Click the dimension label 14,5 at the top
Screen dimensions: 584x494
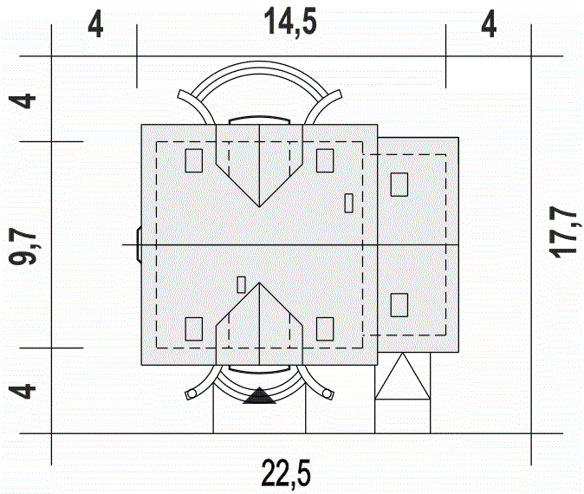[x=290, y=22]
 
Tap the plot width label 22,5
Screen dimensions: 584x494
[x=286, y=472]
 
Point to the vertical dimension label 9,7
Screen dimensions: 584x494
[x=22, y=246]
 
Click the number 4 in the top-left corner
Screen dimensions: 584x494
[x=95, y=26]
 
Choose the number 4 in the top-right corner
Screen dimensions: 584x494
[x=489, y=25]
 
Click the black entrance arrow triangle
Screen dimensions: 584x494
[x=259, y=396]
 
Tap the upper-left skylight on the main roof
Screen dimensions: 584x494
[x=194, y=160]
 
